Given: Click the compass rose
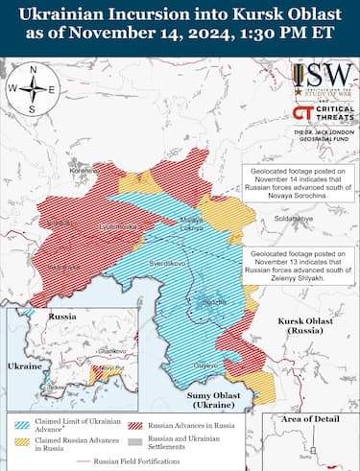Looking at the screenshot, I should tap(32, 89).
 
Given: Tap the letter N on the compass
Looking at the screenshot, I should tap(32, 70).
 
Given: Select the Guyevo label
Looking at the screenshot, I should tap(206, 366).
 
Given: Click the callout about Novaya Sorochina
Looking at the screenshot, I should tap(297, 182).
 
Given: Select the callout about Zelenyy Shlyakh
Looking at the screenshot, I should tap(297, 266).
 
